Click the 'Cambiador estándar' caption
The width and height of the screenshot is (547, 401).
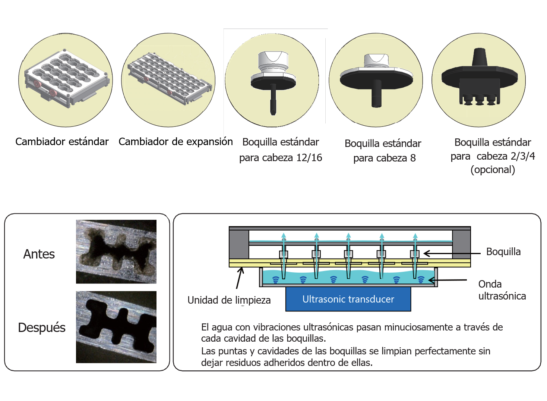pos(62,142)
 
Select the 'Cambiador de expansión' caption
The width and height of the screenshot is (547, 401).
pos(176,142)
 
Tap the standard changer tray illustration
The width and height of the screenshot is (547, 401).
pos(66,78)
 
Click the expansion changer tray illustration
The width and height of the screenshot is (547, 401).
pos(169,78)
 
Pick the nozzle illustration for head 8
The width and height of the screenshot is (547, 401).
pos(376,79)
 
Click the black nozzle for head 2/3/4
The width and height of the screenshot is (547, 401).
pos(479,77)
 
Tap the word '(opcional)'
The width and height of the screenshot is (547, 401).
pos(493,170)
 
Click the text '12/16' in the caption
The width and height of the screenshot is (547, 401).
pos(309,158)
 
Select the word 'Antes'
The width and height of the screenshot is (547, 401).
pos(39,254)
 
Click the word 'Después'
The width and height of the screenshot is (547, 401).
pos(42,328)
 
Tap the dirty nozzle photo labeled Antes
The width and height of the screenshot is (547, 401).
pos(116,251)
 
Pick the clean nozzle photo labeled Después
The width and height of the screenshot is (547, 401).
pos(116,327)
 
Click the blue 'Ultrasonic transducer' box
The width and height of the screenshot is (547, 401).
pos(348,299)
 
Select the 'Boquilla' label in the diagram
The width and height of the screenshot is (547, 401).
pos(503,251)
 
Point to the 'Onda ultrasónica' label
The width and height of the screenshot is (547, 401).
pos(502,290)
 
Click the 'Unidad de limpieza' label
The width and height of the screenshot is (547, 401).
pos(229,300)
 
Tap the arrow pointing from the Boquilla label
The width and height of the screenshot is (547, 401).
pos(452,254)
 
